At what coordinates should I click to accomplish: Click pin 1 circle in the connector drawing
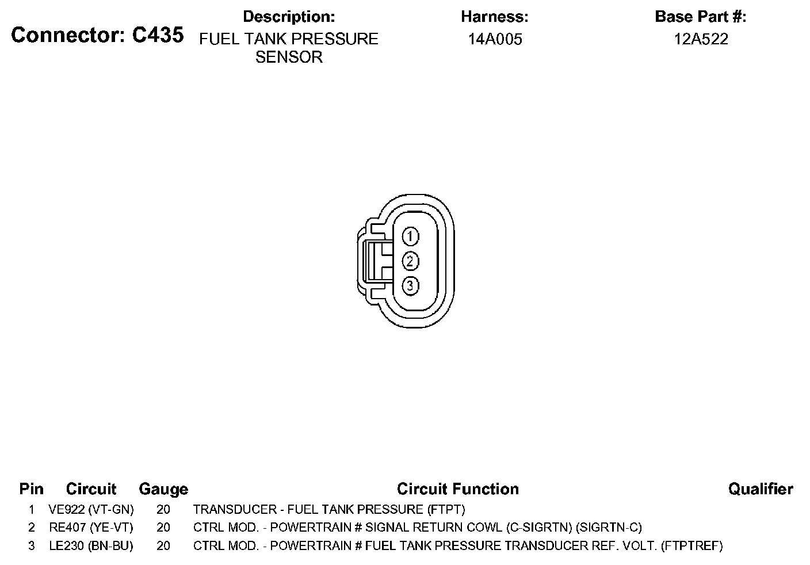coord(410,236)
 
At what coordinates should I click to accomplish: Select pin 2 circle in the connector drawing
coord(410,261)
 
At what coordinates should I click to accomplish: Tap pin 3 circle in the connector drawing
coord(410,286)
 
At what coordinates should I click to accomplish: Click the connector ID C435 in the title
coord(158,35)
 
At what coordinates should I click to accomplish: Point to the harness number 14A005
coord(495,39)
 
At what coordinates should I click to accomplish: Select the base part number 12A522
coord(701,39)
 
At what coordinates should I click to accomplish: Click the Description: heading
coord(289,17)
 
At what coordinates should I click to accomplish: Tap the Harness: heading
coord(495,17)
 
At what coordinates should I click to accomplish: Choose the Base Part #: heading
coord(701,17)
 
